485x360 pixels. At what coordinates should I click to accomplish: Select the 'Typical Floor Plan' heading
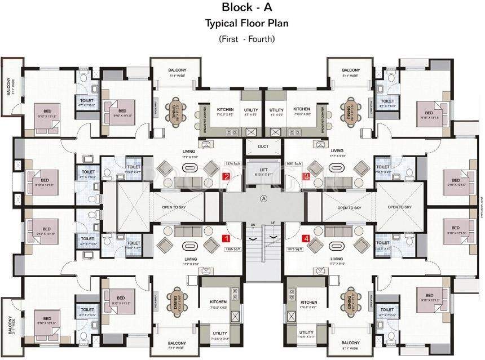(x=246, y=24)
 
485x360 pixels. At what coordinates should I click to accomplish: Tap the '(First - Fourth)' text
(x=246, y=39)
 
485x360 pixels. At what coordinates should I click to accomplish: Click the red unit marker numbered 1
(x=226, y=238)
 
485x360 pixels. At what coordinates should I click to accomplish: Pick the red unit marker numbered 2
(x=226, y=176)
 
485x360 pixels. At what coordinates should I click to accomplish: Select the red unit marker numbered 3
(x=306, y=176)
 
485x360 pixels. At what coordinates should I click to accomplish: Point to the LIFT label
(x=263, y=169)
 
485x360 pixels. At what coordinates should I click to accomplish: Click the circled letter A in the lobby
(x=263, y=198)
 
